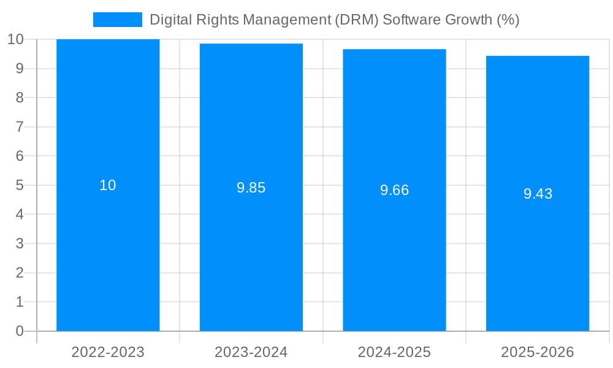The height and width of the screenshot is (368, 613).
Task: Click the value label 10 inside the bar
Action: [x=108, y=185]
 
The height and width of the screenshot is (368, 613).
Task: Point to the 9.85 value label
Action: [x=251, y=188]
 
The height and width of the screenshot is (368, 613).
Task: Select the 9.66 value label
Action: [x=394, y=191]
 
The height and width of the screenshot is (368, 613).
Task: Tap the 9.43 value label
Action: [x=538, y=194]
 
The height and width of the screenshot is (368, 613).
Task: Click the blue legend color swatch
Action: [x=117, y=20]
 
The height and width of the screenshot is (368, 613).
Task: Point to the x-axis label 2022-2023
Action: [x=108, y=353]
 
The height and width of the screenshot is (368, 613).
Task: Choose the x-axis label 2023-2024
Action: [x=251, y=353]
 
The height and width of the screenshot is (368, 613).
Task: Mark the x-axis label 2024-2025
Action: [x=394, y=353]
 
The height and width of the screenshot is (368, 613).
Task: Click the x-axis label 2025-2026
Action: [x=538, y=353]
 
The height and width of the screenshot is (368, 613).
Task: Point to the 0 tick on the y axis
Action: [x=19, y=331]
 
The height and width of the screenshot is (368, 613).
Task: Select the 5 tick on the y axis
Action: [x=19, y=185]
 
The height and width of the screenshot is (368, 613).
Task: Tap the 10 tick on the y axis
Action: [x=15, y=40]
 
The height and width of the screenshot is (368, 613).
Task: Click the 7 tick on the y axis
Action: [x=19, y=127]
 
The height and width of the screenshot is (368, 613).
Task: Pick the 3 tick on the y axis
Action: [x=19, y=243]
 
